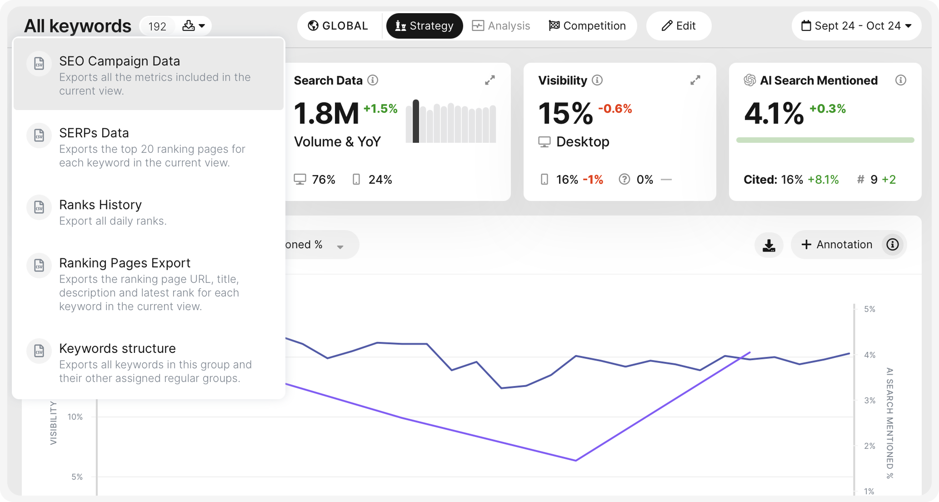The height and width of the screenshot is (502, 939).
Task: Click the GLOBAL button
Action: coord(338,26)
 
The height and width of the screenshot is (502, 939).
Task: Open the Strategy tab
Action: coord(425,26)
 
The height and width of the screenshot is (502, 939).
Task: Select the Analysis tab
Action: coord(501,26)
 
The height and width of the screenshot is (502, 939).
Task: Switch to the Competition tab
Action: coord(587,26)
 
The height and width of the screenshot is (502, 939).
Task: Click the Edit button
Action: coord(679,26)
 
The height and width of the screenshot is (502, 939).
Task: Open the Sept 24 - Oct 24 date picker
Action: coord(856,26)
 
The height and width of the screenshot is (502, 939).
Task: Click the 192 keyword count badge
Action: coord(157,26)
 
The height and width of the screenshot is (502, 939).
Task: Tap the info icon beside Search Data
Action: coord(373,80)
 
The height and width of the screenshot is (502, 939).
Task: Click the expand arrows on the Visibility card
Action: coord(695,80)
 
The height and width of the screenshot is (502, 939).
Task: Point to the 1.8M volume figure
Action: coord(326,113)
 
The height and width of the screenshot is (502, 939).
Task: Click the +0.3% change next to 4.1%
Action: coord(828,109)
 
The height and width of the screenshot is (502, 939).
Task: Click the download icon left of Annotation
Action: coord(769,245)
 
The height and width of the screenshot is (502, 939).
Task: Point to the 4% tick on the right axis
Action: coord(869,355)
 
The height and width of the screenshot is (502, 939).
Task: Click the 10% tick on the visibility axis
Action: coord(75,417)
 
